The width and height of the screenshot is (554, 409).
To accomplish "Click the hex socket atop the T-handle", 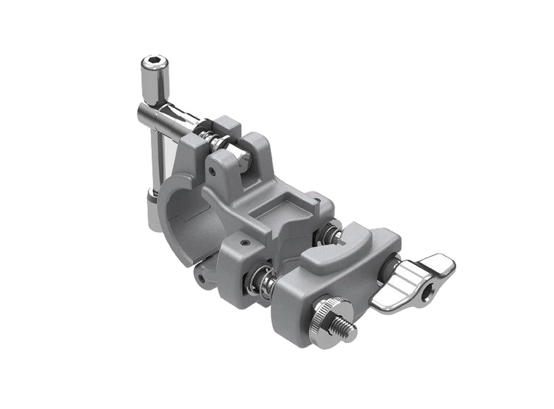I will [x=154, y=62].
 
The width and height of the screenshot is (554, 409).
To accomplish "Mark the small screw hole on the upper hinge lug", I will [x=212, y=172].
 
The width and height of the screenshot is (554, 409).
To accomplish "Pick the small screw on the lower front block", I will [x=245, y=242].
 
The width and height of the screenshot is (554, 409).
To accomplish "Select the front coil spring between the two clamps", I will [x=260, y=280].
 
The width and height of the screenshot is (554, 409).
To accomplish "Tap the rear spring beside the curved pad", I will [x=329, y=234].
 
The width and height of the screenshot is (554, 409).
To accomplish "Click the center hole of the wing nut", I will [x=430, y=290].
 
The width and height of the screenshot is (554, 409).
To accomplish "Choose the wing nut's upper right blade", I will [x=435, y=266].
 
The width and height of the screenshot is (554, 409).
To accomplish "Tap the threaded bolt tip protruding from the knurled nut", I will [x=345, y=327].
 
